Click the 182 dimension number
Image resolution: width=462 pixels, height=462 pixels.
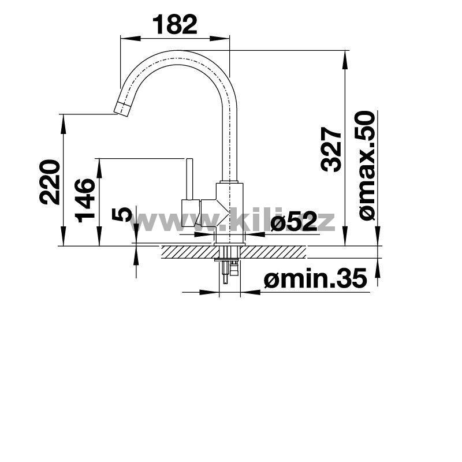point(175,25)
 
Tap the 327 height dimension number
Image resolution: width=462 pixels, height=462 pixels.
point(331,150)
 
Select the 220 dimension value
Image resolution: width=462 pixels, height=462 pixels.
point(50,182)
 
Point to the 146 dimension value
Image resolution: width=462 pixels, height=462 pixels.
point(85,200)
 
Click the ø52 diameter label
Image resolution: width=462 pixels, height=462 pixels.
point(293,221)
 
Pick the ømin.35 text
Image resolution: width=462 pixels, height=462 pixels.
point(315,277)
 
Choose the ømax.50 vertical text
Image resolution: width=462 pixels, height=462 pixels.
point(367,165)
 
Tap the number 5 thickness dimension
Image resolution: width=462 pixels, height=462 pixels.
point(121,214)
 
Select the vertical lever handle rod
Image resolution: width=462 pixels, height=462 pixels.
point(189,179)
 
